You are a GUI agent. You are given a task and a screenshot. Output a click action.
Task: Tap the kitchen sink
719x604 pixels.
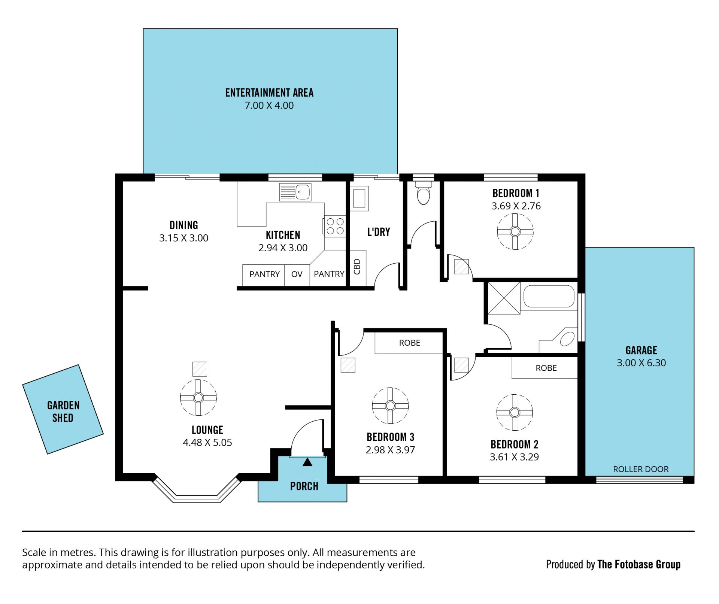click(295, 192)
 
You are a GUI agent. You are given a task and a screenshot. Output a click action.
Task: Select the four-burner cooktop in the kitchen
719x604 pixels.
click(335, 226)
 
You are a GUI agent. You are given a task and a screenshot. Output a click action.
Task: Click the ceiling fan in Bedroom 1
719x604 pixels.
click(515, 231)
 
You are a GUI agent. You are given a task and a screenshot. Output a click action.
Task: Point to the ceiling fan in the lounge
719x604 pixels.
click(198, 397)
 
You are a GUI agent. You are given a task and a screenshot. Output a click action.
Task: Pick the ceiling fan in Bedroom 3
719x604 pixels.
click(390, 406)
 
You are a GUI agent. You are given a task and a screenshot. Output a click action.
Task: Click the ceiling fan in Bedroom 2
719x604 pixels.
click(515, 412)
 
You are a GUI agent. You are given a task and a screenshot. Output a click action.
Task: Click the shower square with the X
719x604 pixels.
click(504, 298)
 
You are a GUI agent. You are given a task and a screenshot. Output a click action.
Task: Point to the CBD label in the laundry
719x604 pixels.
click(357, 267)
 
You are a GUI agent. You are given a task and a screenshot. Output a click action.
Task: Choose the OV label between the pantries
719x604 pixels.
click(297, 274)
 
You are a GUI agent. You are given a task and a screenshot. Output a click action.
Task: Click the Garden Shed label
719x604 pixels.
click(63, 412)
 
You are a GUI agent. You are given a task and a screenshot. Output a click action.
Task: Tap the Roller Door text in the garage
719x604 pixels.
click(641, 469)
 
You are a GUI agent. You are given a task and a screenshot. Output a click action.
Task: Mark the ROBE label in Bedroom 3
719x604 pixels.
click(410, 343)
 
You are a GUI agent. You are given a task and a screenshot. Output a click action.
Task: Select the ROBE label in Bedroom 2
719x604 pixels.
click(546, 368)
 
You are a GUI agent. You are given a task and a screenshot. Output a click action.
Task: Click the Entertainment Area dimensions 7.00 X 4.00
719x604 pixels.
click(269, 106)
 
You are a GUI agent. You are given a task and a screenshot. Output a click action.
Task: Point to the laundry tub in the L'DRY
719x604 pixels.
click(359, 198)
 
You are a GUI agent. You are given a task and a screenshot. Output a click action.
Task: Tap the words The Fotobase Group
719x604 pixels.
click(639, 564)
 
